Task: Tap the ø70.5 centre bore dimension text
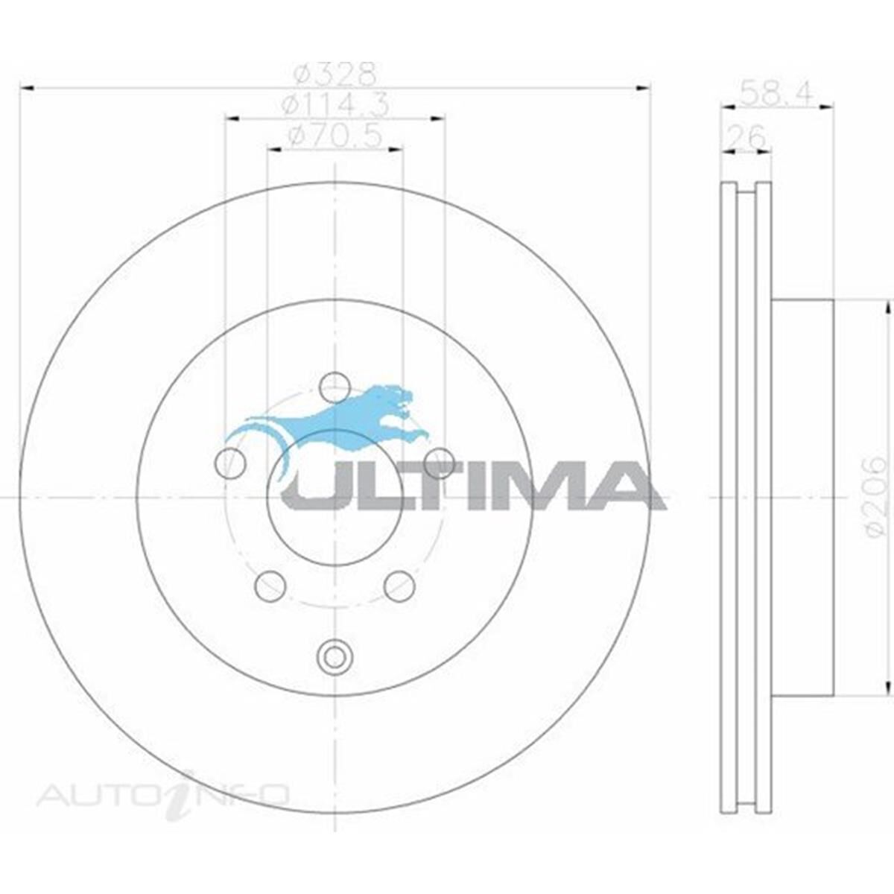pyautogui.click(x=335, y=136)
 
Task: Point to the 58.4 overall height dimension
pyautogui.click(x=775, y=93)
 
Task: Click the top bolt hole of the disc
pyautogui.click(x=335, y=387)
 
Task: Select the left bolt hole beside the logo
pyautogui.click(x=229, y=464)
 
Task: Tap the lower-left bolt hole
pyautogui.click(x=270, y=586)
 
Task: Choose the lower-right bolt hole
pyautogui.click(x=399, y=586)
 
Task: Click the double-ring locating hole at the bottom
pyautogui.click(x=334, y=656)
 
